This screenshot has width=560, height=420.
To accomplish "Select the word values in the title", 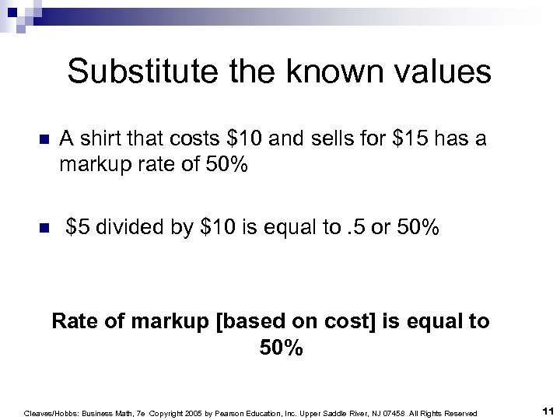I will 443,72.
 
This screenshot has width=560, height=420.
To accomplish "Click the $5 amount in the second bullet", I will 77,227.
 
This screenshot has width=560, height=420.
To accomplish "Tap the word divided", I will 128,227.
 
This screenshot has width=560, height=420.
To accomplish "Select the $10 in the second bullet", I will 218,227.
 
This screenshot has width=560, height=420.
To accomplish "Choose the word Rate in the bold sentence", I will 73,321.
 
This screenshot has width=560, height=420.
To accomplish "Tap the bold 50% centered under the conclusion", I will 281,348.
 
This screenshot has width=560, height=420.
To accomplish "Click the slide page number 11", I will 547,412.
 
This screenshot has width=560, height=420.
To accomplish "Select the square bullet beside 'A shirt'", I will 44,140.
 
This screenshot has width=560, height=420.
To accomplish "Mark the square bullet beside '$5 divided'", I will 44,228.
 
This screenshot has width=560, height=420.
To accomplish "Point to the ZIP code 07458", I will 387,413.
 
